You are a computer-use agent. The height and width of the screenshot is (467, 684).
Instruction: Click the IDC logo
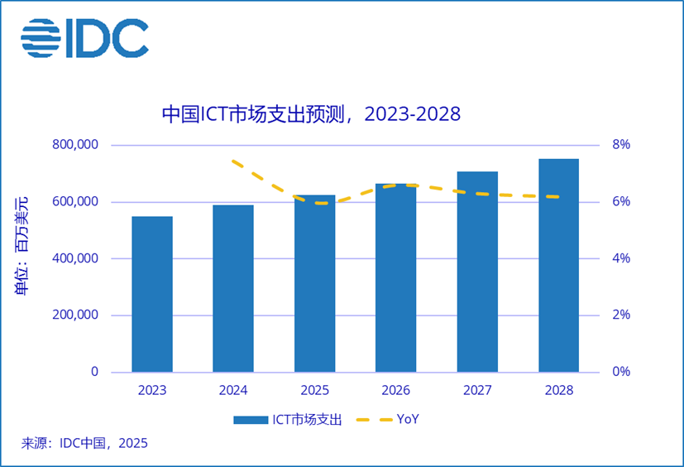84,36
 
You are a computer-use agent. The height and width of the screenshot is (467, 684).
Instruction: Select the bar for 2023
152,294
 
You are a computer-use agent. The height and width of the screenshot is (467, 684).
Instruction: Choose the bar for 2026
395,277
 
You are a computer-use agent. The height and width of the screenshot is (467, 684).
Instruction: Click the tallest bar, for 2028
558,265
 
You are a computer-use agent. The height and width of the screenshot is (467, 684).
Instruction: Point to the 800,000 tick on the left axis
75,145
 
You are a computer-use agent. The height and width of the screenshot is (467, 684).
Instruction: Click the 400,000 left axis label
75,258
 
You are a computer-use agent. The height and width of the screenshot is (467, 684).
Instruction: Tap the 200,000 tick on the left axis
75,315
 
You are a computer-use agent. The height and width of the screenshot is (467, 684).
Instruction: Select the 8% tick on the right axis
620,145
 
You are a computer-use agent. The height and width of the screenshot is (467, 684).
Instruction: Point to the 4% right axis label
620,258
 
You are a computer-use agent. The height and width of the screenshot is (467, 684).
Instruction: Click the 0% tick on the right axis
620,372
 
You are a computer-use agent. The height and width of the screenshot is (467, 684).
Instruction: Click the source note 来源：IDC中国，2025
84,444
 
